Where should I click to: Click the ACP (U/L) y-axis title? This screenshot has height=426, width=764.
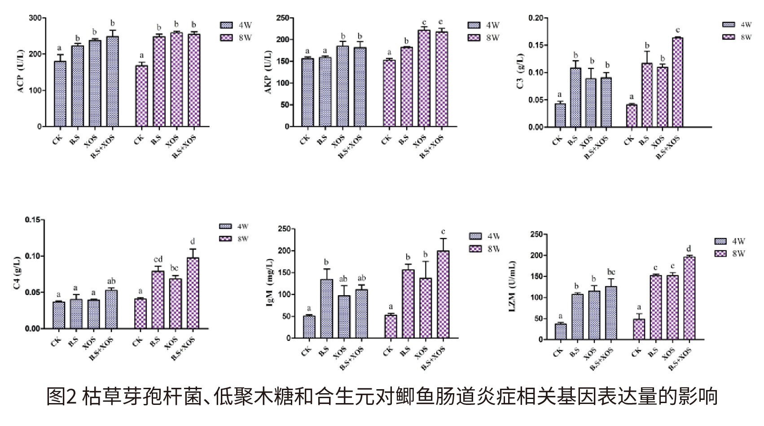21,72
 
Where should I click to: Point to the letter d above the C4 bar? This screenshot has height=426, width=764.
193,241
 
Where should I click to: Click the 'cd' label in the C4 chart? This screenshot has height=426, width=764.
158,259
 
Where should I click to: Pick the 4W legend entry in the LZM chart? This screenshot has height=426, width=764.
729,242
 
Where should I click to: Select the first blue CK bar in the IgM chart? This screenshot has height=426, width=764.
309,326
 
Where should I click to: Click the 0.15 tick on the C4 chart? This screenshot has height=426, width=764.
33,220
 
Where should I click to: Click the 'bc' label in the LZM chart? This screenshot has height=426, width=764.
611,272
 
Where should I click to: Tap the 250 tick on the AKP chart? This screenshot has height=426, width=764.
282,18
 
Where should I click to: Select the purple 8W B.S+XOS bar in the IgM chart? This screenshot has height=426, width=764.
443,294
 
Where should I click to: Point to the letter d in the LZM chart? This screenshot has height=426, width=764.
689,248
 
